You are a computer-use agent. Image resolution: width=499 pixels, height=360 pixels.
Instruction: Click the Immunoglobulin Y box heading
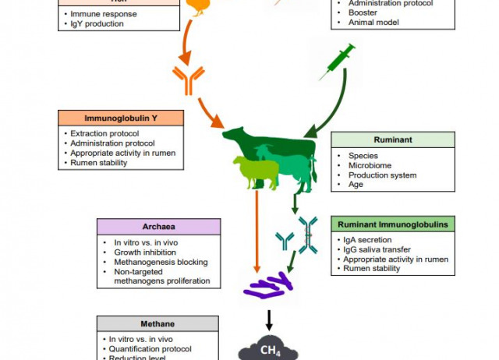pos(121,118)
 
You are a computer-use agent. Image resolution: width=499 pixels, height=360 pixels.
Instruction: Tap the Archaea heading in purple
pos(158,227)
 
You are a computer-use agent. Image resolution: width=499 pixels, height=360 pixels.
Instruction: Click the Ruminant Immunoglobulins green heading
pos(392,224)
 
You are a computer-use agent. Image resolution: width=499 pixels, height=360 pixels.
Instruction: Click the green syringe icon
pos(338,60)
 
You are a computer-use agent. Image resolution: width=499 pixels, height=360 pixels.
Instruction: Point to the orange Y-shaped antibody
pos(189,79)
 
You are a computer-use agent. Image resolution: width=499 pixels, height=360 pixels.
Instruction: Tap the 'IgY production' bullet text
pos(97,24)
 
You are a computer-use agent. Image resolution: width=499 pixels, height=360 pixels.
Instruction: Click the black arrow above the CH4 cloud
pos(268,319)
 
